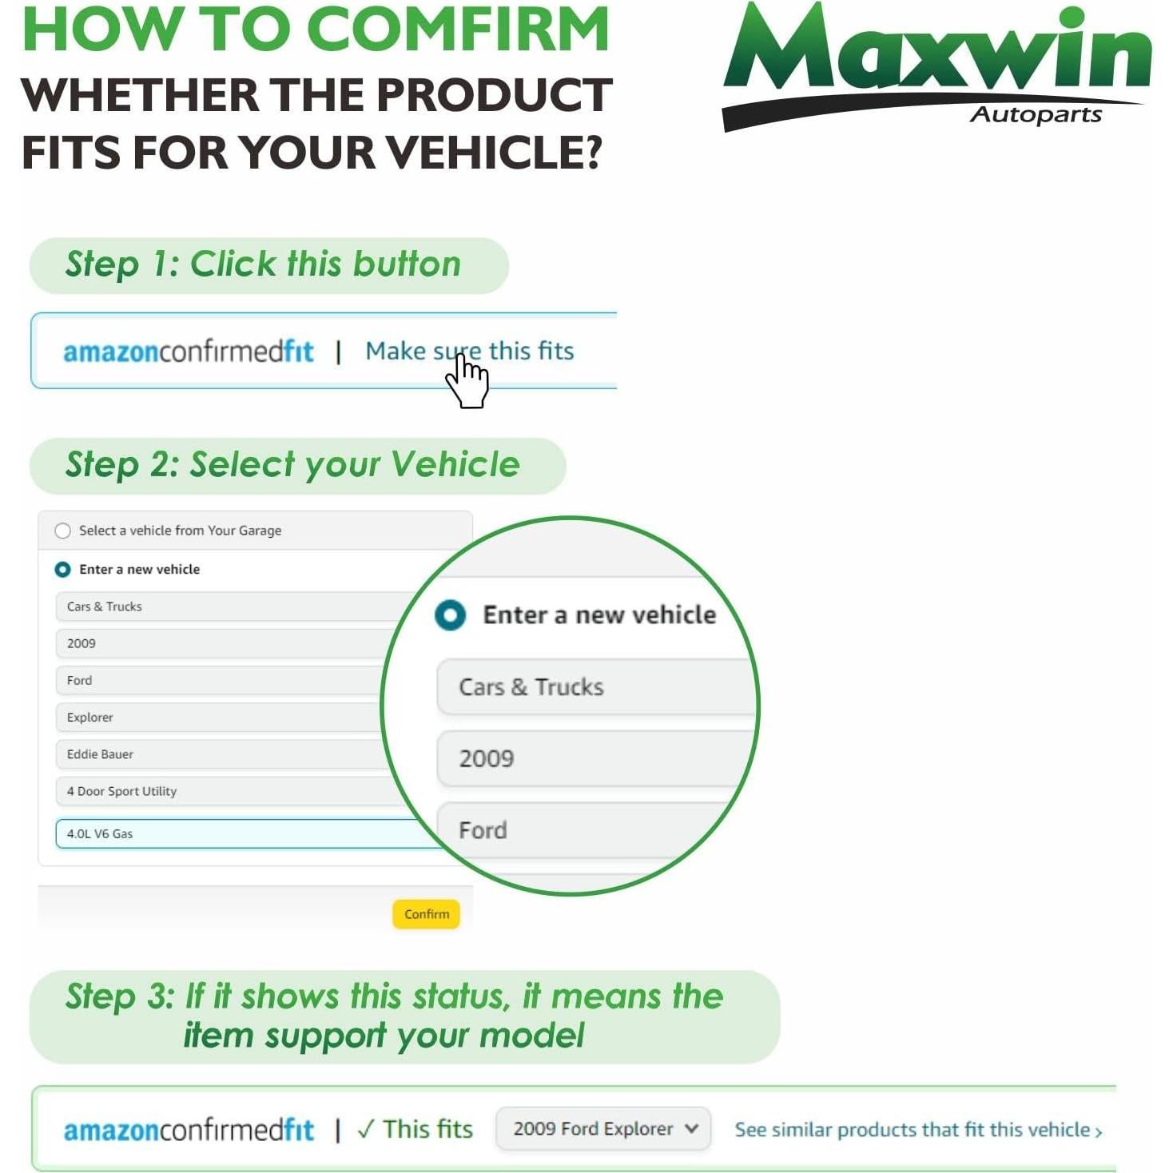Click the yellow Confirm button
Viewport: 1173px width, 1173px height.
pyautogui.click(x=426, y=914)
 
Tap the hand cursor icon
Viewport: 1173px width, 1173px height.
pyautogui.click(x=467, y=381)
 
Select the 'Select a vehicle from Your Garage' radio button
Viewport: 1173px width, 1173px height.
pyautogui.click(x=62, y=531)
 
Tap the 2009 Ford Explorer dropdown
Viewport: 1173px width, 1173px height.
pyautogui.click(x=603, y=1129)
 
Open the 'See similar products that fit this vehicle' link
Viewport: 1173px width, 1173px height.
pyautogui.click(x=918, y=1130)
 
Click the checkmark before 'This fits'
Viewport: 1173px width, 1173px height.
pyautogui.click(x=366, y=1129)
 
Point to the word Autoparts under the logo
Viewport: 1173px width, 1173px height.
pyautogui.click(x=1036, y=115)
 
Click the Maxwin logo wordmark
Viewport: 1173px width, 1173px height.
pyautogui.click(x=936, y=52)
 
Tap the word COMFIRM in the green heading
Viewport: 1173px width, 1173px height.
pyautogui.click(x=458, y=30)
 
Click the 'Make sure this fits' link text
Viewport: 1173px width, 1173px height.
pyautogui.click(x=469, y=351)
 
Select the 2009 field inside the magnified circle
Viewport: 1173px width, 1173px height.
pyautogui.click(x=595, y=758)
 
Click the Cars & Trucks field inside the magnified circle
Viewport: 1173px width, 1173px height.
pyautogui.click(x=595, y=687)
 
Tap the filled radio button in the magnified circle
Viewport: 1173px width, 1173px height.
pyautogui.click(x=450, y=615)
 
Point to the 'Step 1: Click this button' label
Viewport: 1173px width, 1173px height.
pyautogui.click(x=264, y=264)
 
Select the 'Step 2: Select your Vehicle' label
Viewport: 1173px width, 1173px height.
pyautogui.click(x=292, y=465)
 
